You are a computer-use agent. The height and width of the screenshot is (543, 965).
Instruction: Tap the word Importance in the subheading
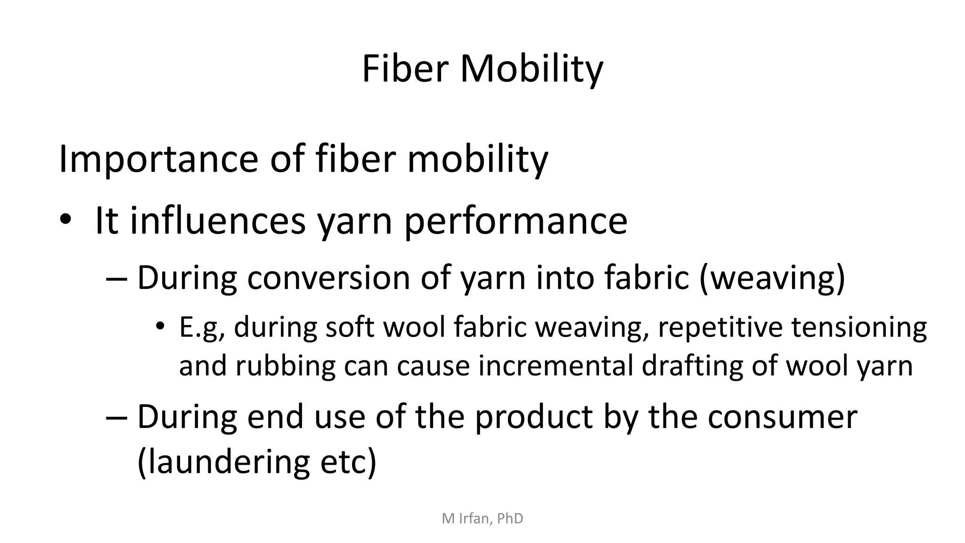click(x=158, y=159)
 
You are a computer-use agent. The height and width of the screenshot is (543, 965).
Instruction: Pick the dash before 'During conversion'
click(x=117, y=278)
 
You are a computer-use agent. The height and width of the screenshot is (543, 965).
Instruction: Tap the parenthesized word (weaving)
click(x=772, y=278)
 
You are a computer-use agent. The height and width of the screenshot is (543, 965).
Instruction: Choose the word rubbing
click(x=285, y=366)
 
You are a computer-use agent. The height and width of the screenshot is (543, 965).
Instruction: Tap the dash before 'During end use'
click(x=117, y=417)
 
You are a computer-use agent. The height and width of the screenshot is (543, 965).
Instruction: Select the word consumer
click(x=782, y=417)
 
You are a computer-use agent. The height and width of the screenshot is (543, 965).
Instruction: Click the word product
click(x=533, y=417)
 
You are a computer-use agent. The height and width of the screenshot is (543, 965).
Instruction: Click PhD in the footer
click(x=510, y=518)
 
